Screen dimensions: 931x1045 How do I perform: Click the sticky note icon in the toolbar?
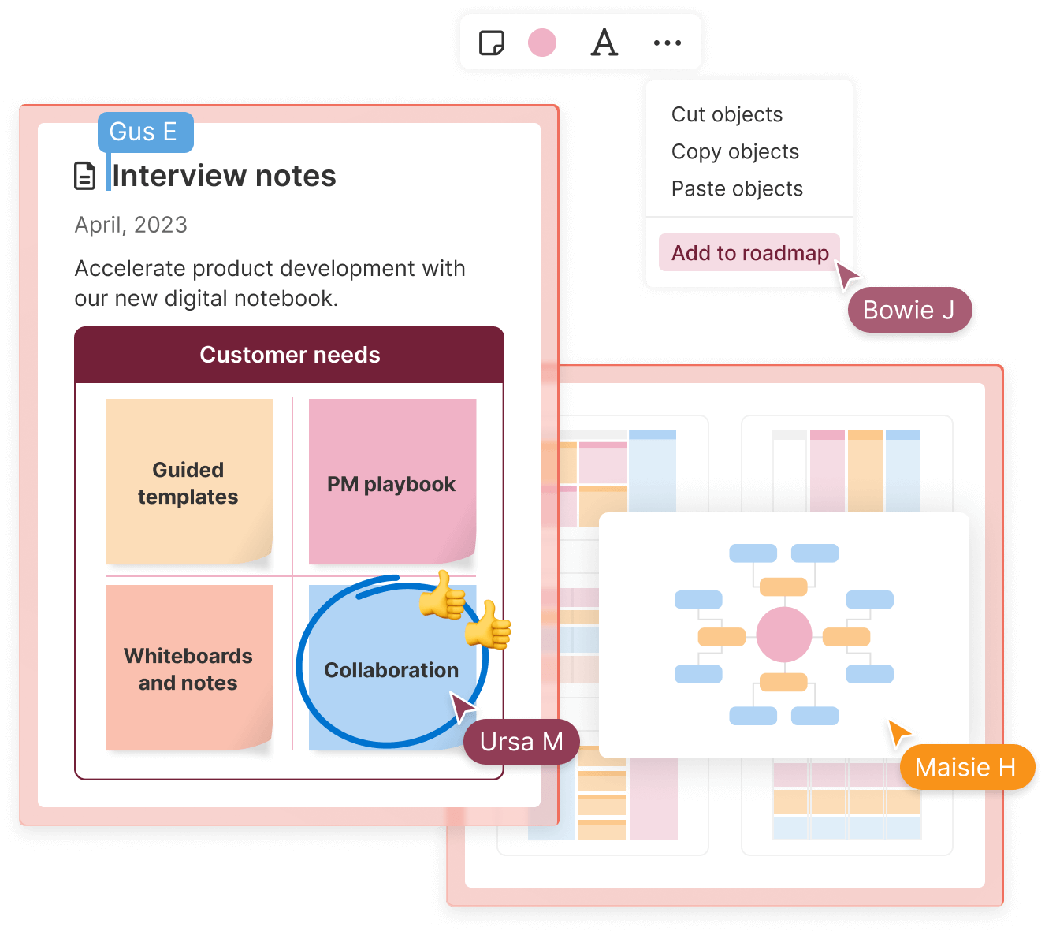(492, 43)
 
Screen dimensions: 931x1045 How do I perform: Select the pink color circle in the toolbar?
(542, 43)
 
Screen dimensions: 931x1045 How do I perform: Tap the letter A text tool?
(604, 43)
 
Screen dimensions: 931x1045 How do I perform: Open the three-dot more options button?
(668, 43)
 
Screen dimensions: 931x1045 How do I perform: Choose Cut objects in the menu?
(727, 115)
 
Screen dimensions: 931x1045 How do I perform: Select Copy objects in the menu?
(734, 152)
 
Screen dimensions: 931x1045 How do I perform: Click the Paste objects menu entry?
(737, 189)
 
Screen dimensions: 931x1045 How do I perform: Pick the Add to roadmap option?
(749, 253)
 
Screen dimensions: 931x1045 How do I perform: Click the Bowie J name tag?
(909, 310)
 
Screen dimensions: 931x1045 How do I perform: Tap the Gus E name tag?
(144, 132)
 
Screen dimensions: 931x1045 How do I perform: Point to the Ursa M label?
(521, 742)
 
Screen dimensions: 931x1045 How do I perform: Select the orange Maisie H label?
(965, 767)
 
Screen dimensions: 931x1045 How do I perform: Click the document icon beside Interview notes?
(84, 176)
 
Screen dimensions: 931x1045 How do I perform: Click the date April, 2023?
(131, 225)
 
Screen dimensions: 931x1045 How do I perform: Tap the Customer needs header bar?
(289, 355)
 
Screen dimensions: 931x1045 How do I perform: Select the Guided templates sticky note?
(188, 482)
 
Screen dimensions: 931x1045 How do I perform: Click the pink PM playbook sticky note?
(392, 482)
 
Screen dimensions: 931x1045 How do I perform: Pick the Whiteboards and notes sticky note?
(188, 668)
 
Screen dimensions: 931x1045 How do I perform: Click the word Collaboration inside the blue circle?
(391, 670)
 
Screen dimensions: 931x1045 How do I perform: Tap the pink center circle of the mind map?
(783, 635)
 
